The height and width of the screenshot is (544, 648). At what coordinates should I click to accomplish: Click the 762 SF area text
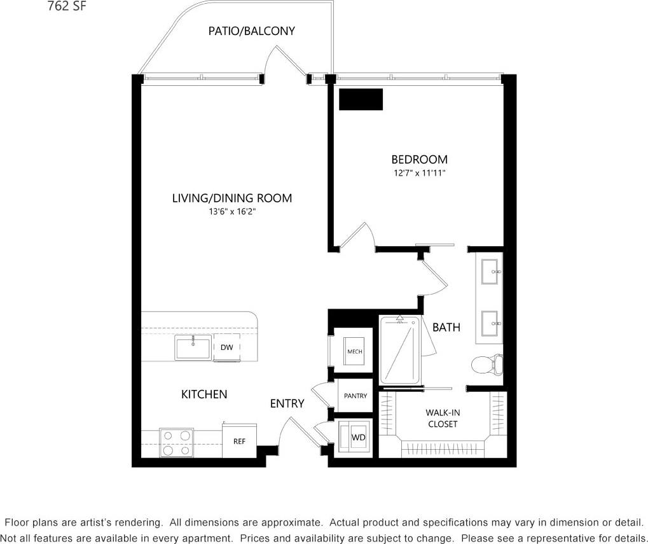(68, 7)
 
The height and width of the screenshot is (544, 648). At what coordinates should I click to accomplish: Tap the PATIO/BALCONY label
(251, 31)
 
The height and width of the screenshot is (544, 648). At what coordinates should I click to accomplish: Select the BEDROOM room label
(419, 160)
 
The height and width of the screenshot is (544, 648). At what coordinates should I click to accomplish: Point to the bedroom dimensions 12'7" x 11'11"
(419, 173)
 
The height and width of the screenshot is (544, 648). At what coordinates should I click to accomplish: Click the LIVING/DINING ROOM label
(232, 198)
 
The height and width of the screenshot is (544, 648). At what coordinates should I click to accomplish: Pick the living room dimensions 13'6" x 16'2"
(232, 211)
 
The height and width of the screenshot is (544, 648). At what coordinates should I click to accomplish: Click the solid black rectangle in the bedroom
(361, 99)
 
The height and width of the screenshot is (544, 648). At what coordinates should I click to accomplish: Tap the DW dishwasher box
(226, 347)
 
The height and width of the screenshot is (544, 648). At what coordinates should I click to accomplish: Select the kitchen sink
(193, 349)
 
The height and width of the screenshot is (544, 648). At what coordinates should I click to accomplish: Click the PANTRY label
(355, 396)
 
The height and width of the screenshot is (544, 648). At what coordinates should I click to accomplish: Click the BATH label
(446, 328)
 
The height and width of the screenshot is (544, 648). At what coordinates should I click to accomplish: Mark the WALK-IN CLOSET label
(443, 418)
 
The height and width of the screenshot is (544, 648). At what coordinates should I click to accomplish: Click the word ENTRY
(287, 403)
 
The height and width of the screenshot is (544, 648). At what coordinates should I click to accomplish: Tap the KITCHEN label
(204, 394)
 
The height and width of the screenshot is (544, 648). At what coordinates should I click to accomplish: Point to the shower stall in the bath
(401, 350)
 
